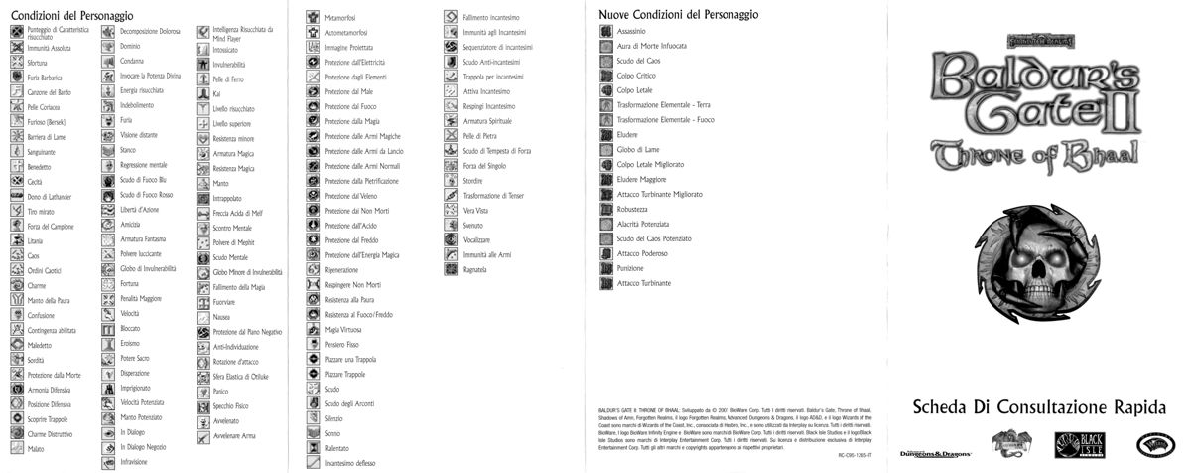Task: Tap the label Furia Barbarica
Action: pos(46,77)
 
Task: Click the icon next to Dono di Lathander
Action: pos(17,197)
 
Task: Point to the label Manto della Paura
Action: pos(49,300)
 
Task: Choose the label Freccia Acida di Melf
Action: pos(238,213)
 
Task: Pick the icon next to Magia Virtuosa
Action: pos(313,329)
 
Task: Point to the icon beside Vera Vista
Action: pos(451,211)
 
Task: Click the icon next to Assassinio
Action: pos(606,33)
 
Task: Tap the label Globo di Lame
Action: pos(635,149)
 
